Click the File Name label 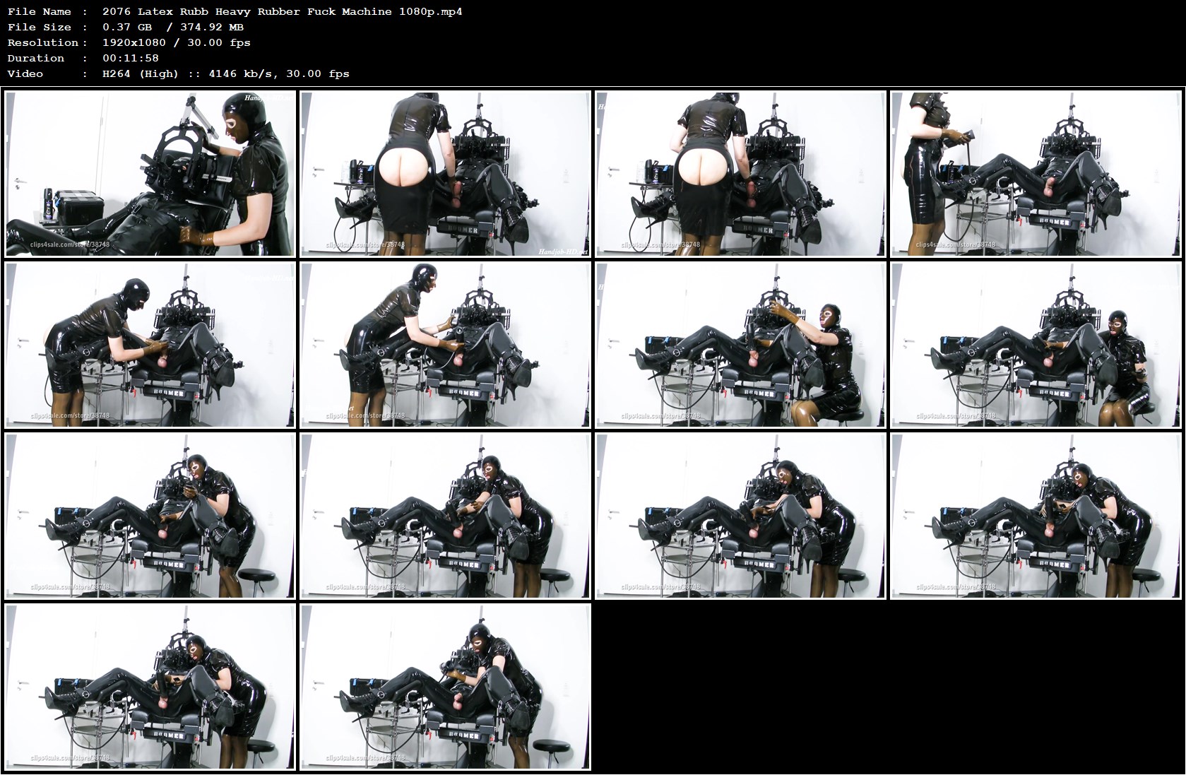click(x=40, y=11)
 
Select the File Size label click(x=40, y=27)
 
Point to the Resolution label click(x=43, y=42)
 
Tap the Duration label click(x=36, y=58)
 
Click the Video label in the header click(x=25, y=73)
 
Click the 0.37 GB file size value click(x=127, y=27)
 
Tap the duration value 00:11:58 click(x=131, y=58)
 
